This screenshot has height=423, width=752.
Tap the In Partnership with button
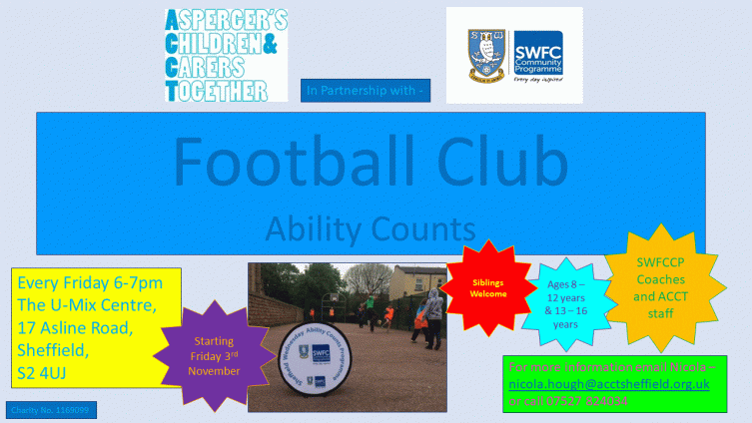(366, 91)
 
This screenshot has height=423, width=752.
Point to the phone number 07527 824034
(593, 401)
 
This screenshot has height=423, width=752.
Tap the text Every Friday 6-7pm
(90, 283)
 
